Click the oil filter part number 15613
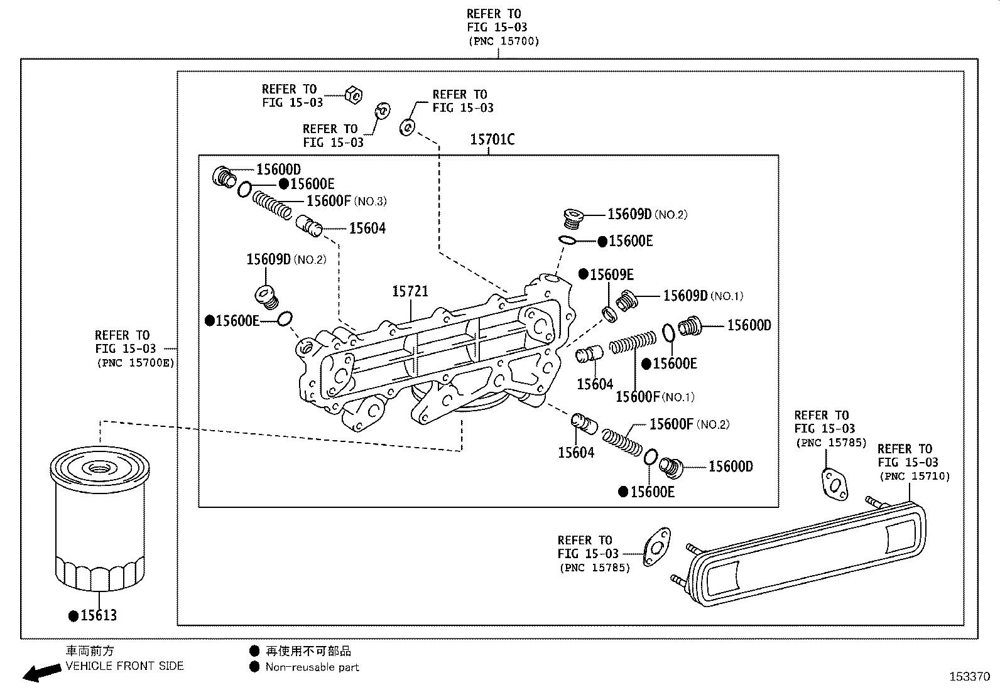[98, 615]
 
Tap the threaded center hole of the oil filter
[99, 468]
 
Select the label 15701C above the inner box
[492, 139]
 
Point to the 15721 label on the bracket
[410, 291]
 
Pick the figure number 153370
[969, 677]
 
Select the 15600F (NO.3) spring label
[345, 201]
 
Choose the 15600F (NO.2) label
[688, 424]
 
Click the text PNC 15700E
[134, 362]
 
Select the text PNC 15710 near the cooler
[914, 477]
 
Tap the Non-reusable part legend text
[312, 667]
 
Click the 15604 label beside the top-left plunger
[367, 229]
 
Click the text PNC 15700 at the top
[503, 41]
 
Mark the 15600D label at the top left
[278, 169]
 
